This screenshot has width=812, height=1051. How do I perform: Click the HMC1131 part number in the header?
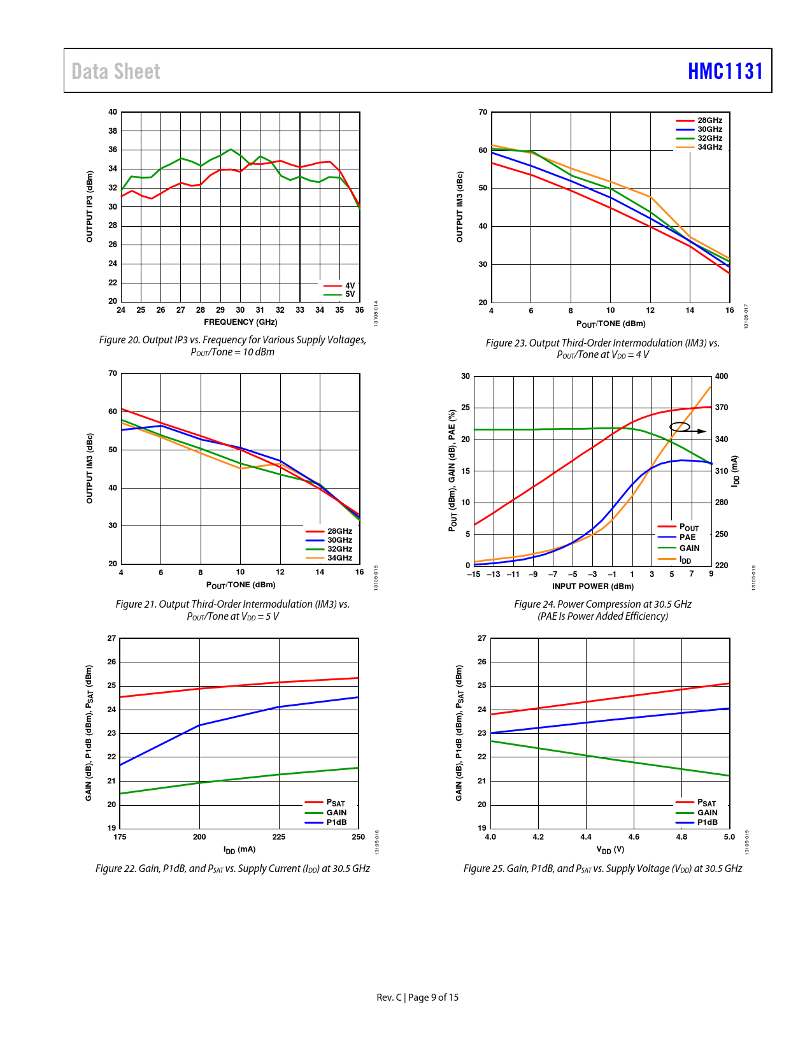(725, 71)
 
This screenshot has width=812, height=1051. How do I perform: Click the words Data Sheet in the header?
(116, 71)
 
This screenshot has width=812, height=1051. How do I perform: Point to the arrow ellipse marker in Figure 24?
(680, 427)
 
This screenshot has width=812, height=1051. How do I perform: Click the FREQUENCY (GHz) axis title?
(241, 322)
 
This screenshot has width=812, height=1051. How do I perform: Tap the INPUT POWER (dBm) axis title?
(593, 587)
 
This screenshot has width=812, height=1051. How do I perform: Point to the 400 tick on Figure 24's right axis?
(722, 376)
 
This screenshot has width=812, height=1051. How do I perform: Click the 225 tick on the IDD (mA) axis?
(279, 837)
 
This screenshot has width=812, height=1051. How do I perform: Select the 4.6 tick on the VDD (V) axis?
(634, 837)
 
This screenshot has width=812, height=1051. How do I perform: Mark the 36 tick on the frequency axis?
(360, 310)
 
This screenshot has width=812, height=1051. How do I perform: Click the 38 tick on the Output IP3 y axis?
(113, 131)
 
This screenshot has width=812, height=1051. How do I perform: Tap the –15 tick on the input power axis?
(474, 575)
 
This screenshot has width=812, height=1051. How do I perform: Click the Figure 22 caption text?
(232, 869)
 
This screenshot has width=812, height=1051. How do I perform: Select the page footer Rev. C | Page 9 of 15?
(417, 997)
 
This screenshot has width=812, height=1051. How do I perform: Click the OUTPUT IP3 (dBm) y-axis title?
(90, 206)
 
